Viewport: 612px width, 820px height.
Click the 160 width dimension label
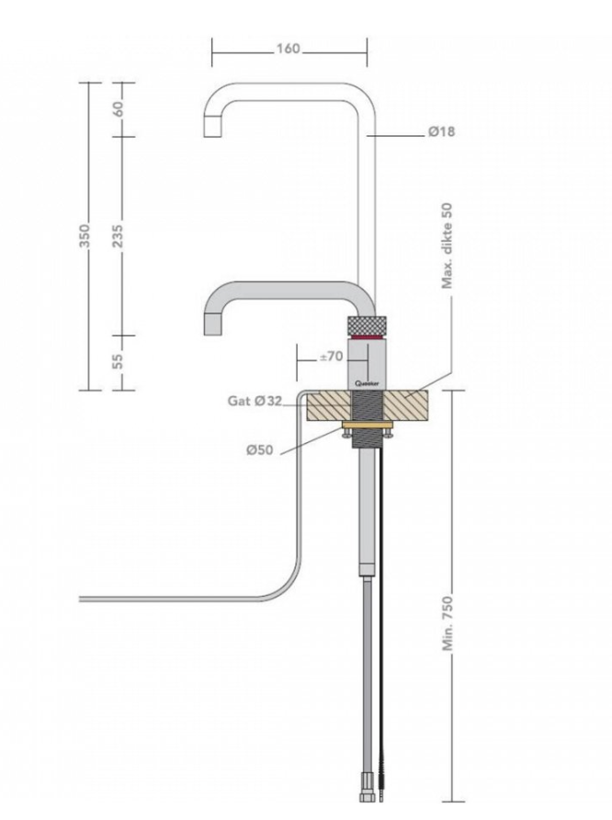point(288,50)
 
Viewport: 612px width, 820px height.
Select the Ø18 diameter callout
point(441,132)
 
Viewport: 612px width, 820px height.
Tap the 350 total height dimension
point(84,237)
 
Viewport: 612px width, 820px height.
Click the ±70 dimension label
point(331,356)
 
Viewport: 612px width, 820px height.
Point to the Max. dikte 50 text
point(449,246)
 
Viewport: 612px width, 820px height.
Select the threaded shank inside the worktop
point(371,404)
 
